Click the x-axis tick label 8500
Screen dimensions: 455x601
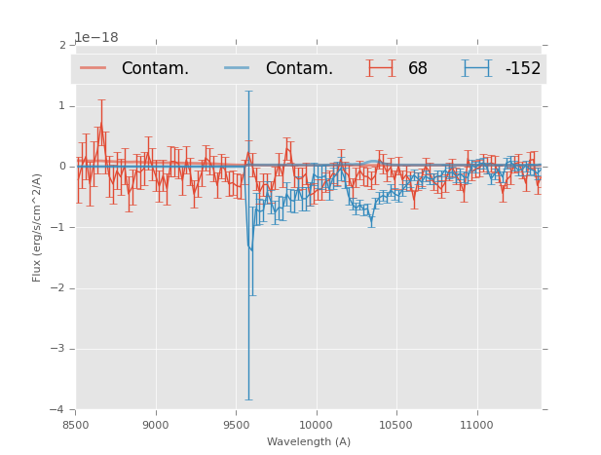tap(76, 425)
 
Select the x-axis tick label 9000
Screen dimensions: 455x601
tap(156, 425)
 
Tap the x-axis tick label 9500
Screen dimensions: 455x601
tap(236, 425)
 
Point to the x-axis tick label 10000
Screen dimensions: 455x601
tap(316, 425)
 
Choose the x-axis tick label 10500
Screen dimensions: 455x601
tap(395, 425)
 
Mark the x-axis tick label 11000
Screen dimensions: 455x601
tap(475, 425)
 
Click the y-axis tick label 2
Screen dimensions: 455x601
tap(62, 45)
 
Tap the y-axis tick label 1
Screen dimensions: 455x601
tap(62, 105)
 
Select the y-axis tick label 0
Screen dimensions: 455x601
tap(62, 167)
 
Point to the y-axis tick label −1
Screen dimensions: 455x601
tap(59, 227)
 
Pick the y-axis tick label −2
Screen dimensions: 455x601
tap(59, 288)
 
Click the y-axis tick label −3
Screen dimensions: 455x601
tap(59, 349)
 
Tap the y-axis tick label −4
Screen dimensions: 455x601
tap(59, 409)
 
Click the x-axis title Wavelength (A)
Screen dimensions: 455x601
tap(309, 441)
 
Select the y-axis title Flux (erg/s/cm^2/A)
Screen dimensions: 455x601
tap(37, 227)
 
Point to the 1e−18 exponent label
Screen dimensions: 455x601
tap(96, 38)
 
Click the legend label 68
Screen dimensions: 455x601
tap(418, 69)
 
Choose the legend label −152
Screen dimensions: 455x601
tap(522, 69)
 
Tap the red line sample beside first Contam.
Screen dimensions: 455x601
tap(94, 68)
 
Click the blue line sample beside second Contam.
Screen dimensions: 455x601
tap(238, 68)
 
